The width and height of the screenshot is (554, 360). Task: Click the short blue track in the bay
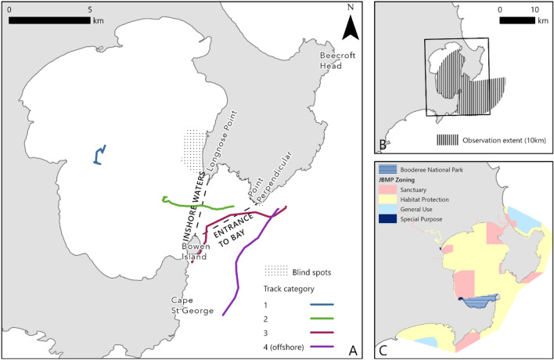[99, 155]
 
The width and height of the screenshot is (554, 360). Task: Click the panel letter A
[352, 347]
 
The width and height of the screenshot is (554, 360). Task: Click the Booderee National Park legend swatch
[390, 168]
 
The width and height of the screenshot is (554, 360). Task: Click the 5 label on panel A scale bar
[92, 9]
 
